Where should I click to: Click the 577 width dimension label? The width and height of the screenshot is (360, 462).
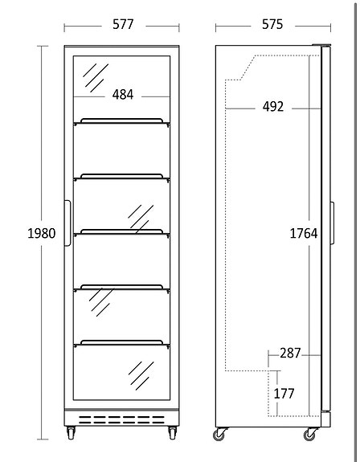point(123,24)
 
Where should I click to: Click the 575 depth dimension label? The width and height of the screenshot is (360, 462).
point(272,24)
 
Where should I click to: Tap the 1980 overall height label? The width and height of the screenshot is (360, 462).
point(42,233)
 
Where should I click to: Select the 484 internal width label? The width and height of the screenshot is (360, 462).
point(123,95)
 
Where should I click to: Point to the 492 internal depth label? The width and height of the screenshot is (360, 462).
point(273,107)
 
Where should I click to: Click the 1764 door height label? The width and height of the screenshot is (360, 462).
point(304,233)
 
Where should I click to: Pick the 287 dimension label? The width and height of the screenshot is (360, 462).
point(290,353)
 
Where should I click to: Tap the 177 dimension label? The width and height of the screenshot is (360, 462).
point(284,394)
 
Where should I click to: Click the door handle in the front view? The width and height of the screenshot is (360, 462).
point(67,223)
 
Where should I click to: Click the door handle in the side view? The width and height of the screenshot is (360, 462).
point(332,223)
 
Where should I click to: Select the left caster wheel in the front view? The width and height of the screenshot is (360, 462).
point(71,433)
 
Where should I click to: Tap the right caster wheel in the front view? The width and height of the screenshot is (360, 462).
point(172,433)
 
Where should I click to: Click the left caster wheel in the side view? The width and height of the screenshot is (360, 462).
point(219,434)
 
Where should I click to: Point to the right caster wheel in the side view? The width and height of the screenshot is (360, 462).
point(310,434)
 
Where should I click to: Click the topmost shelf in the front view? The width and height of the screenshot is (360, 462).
point(121,122)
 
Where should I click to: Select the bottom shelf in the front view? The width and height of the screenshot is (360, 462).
point(121,344)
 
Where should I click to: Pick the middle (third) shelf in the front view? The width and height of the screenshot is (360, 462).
point(121,233)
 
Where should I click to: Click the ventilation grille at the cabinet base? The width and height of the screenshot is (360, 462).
point(121,419)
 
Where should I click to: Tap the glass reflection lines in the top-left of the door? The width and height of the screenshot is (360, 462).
point(96,77)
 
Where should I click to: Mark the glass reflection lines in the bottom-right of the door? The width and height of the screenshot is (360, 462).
point(141,376)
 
